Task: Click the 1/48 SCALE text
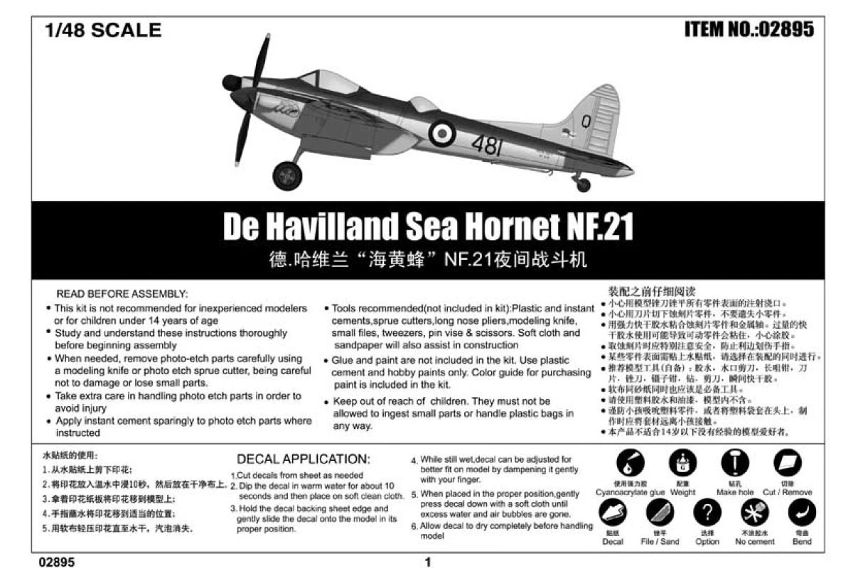click(x=103, y=31)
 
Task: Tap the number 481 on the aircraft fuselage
click(x=486, y=146)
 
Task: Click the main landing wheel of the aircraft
click(x=287, y=175)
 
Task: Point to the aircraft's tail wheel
click(x=583, y=185)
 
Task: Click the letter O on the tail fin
click(x=586, y=121)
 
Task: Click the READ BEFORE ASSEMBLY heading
click(x=122, y=293)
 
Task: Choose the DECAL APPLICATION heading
click(x=303, y=459)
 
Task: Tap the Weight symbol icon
click(x=682, y=462)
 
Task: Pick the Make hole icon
click(x=735, y=462)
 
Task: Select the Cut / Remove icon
click(x=787, y=462)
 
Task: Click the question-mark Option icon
click(x=707, y=512)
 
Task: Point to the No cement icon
click(x=755, y=512)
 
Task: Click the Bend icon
click(x=803, y=512)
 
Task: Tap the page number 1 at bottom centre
click(x=428, y=562)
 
